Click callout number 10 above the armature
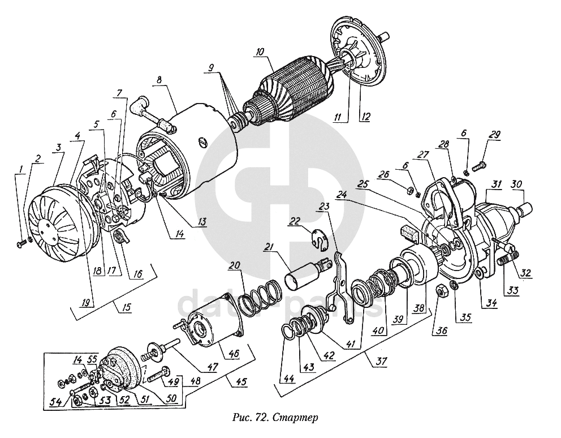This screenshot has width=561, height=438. click(259, 51)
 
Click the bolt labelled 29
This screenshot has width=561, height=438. click(477, 167)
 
